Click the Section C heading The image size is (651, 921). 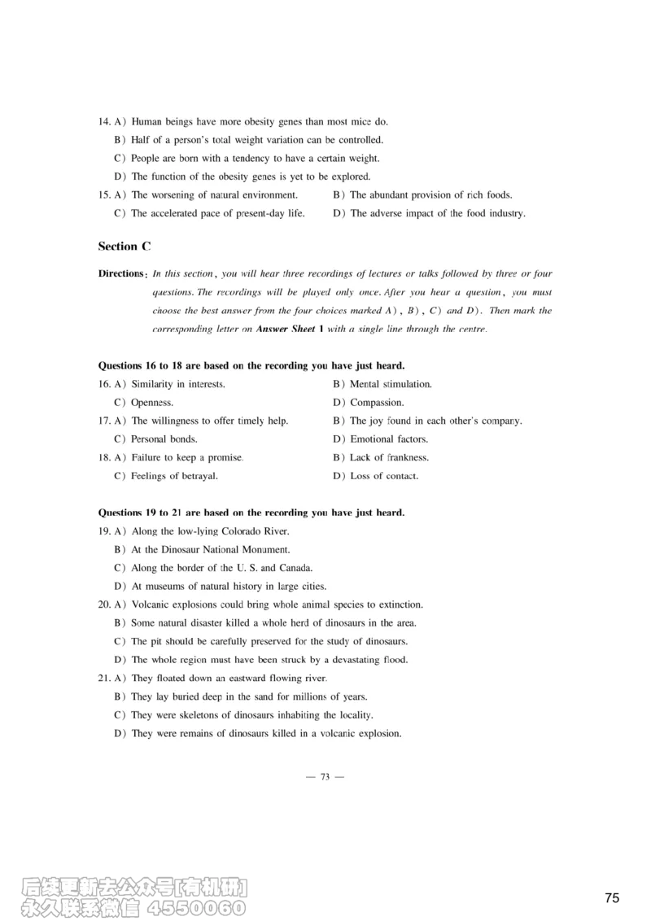[125, 246]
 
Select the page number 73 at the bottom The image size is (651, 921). [325, 777]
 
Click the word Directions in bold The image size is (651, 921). [122, 273]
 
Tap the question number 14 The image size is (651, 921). [104, 122]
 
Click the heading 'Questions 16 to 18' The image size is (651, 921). [251, 365]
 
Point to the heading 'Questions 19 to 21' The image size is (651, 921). [251, 513]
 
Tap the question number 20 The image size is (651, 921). [104, 605]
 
